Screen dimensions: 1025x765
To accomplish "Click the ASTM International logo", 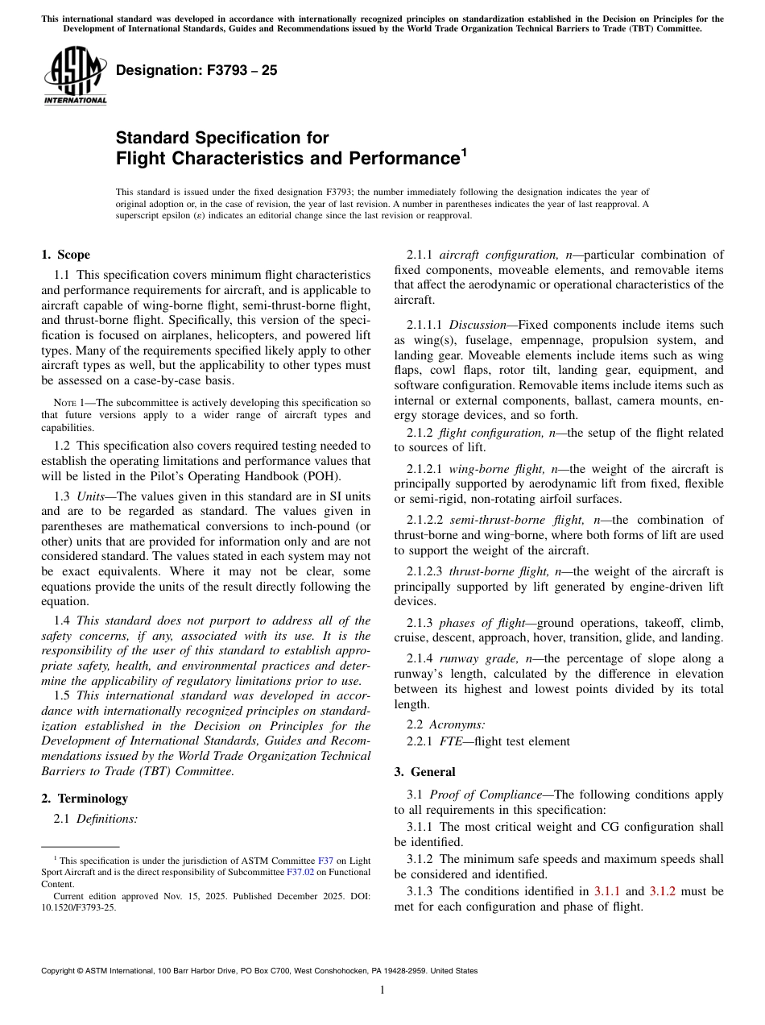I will point(75,77).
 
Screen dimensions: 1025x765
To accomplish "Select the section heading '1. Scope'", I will point(65,255).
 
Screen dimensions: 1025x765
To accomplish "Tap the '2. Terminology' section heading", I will point(85,798).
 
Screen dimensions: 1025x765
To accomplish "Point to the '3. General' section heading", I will point(424,771).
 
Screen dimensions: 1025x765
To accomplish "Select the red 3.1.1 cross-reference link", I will point(606,890).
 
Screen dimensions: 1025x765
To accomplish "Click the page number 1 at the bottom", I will point(382,990).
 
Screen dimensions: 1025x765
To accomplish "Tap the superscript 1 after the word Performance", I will point(463,151).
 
